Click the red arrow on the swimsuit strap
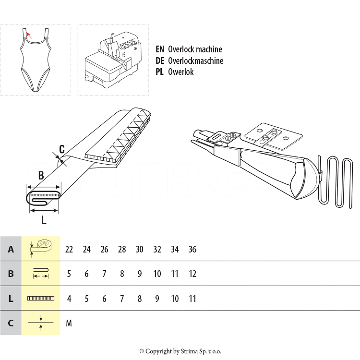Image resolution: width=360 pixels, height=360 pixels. (x=29, y=35)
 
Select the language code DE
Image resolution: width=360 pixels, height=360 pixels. (x=160, y=60)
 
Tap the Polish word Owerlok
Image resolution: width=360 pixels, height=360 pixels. (x=181, y=72)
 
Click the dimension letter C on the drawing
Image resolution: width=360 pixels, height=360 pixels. (x=61, y=149)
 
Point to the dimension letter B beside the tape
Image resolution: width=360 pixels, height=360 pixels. (x=41, y=175)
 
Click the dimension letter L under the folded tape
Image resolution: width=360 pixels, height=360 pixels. (x=44, y=220)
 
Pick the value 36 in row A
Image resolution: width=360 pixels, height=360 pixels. (x=192, y=249)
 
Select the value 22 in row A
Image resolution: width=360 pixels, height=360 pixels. (x=69, y=249)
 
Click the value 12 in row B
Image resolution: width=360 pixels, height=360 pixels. (x=192, y=274)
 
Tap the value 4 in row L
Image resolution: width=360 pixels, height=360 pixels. (x=69, y=299)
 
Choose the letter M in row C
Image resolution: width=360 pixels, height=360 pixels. (x=69, y=323)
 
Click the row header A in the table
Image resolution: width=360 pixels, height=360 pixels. (x=11, y=249)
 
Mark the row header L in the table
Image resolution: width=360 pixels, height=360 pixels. (x=11, y=299)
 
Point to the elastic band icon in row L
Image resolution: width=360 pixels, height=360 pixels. (x=41, y=299)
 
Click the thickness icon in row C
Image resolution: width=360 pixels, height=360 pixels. (x=41, y=323)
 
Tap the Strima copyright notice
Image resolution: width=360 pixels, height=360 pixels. (x=180, y=351)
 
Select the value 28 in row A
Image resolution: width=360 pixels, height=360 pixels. (x=122, y=249)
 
